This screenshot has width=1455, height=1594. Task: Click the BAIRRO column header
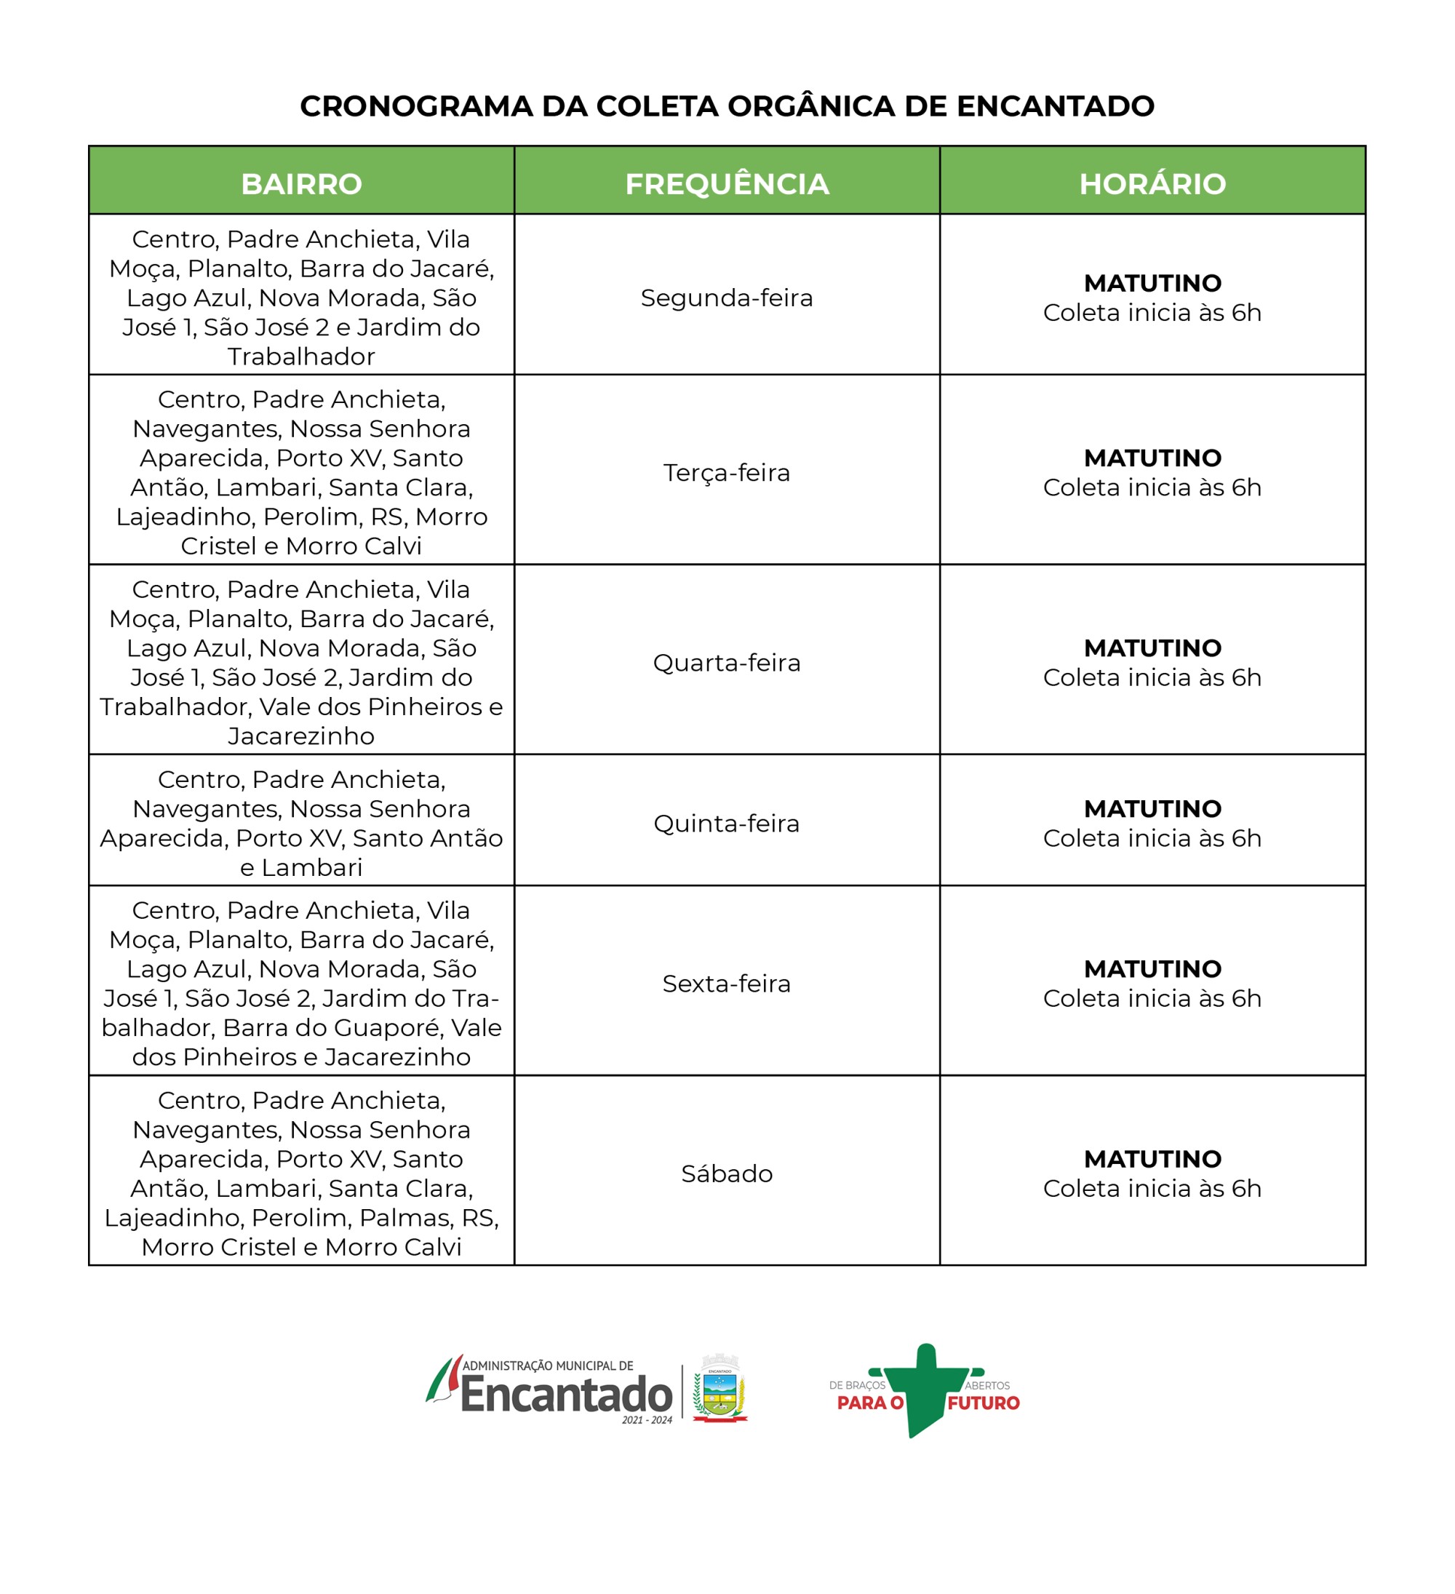(x=301, y=183)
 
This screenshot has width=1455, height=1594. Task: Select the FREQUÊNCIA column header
(x=727, y=183)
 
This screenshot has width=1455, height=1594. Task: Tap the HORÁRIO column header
(x=1152, y=183)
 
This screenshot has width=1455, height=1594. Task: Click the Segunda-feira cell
(x=727, y=298)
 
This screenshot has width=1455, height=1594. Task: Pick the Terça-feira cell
(x=727, y=473)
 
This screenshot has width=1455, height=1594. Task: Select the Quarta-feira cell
(x=727, y=663)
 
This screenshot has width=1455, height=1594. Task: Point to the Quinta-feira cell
(x=727, y=823)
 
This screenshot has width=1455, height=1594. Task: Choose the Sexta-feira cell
(x=727, y=984)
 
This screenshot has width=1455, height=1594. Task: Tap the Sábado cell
(x=727, y=1173)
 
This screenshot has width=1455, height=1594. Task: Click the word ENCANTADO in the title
(x=1055, y=106)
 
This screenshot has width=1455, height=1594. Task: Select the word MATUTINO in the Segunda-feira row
(x=1152, y=283)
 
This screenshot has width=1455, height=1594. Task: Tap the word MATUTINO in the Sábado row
(x=1152, y=1159)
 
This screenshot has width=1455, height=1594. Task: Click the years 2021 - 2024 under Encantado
(x=647, y=1420)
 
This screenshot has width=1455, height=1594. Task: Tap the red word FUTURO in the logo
(x=984, y=1403)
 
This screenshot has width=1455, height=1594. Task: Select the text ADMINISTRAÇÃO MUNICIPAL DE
(x=548, y=1366)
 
